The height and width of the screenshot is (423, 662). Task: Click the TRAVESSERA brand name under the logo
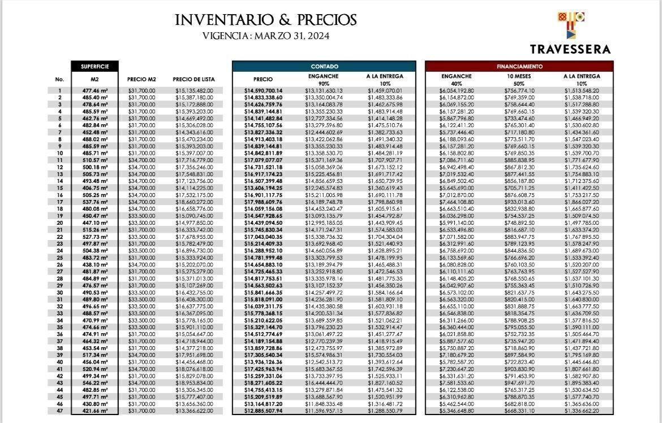(x=570, y=49)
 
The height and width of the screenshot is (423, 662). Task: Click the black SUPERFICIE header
(x=94, y=67)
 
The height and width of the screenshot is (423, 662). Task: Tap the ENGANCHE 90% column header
(x=324, y=80)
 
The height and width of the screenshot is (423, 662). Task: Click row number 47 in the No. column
(x=59, y=411)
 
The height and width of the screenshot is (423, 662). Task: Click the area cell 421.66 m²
(x=94, y=411)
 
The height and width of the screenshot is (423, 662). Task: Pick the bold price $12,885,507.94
(x=263, y=411)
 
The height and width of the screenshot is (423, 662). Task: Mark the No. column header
(x=59, y=80)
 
